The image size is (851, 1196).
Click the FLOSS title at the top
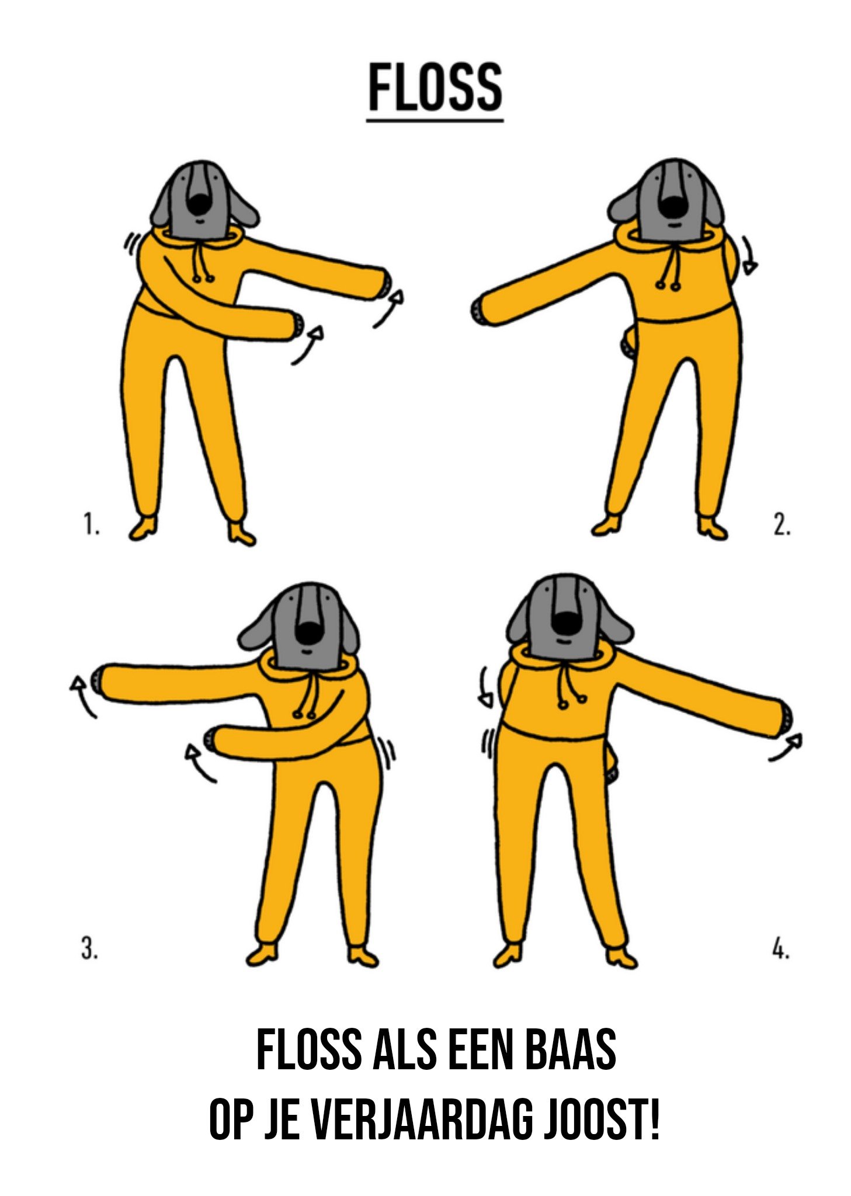[435, 88]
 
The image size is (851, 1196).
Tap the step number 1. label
[91, 524]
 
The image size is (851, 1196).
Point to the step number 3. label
[89, 948]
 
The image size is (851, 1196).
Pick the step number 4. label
[781, 948]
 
